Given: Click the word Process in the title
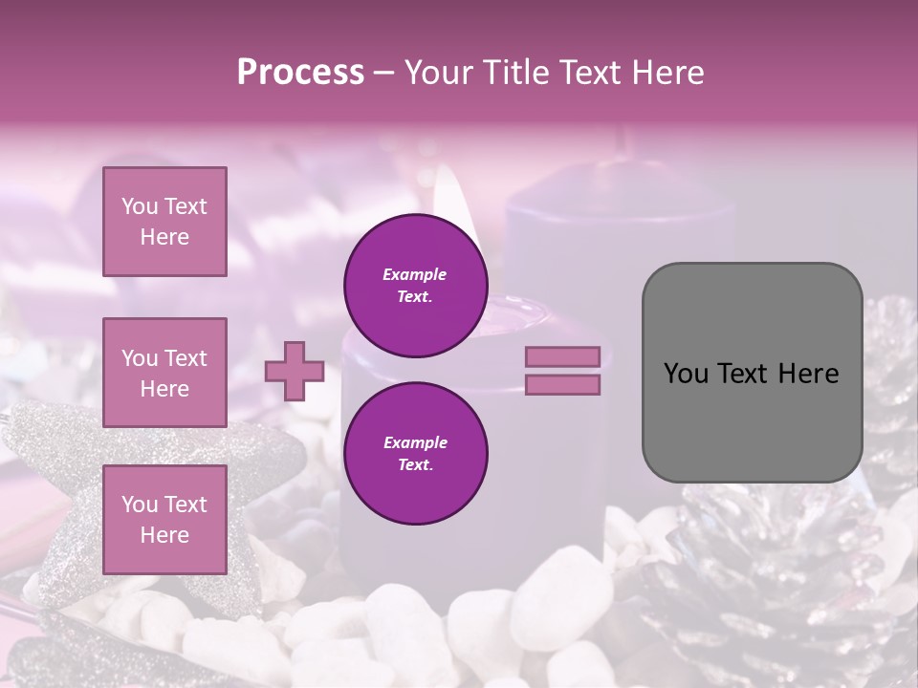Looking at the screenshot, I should tap(300, 73).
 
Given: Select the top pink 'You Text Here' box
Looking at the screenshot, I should tap(164, 222).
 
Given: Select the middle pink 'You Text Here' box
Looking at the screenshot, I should tap(164, 373).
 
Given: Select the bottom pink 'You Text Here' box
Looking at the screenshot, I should tap(164, 520).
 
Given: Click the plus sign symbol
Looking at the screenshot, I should tap(295, 371).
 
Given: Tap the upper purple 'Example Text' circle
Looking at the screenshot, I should tap(415, 286).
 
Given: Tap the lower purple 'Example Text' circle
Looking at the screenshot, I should tap(415, 454).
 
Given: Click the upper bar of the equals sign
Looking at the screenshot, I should tap(563, 356).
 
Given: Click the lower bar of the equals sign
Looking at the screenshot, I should tap(563, 385).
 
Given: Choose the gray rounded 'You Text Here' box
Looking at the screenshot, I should tap(752, 372).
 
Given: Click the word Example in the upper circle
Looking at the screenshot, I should tap(415, 274).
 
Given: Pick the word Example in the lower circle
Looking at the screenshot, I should tap(415, 442).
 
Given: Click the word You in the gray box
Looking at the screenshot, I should tap(686, 374).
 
